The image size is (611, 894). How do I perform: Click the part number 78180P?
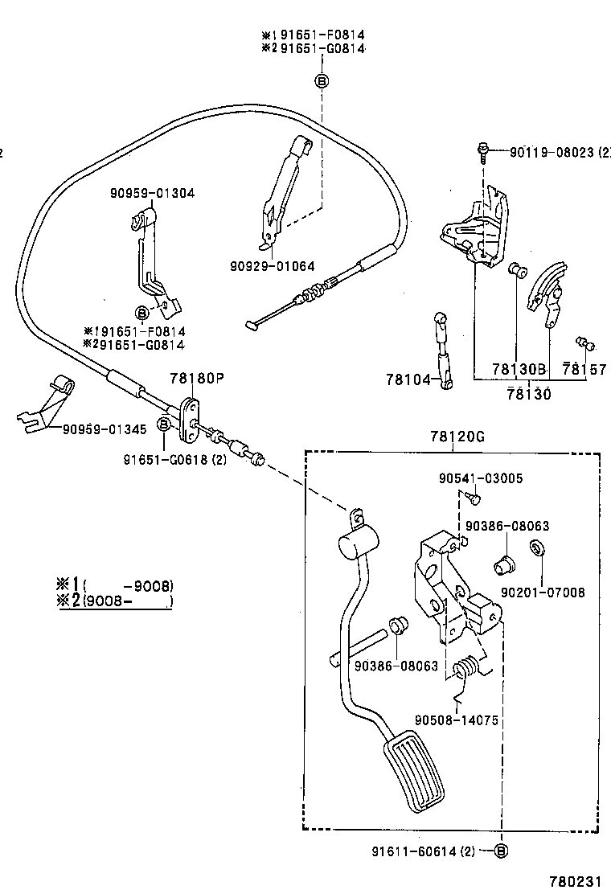[x=195, y=378]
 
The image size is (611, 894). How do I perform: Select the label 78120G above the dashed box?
[x=457, y=437]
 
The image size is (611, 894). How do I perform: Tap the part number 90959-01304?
[x=152, y=193]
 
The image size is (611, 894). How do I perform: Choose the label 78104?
[x=408, y=379]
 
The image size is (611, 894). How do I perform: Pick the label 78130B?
[x=519, y=369]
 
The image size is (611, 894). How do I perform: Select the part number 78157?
[x=584, y=369]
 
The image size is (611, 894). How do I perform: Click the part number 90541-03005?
[x=481, y=478]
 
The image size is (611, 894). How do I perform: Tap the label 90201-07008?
[x=543, y=593]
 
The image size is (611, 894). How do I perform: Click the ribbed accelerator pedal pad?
[x=416, y=773]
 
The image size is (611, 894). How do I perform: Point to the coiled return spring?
[x=467, y=668]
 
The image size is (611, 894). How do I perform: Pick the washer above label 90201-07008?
[x=535, y=549]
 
